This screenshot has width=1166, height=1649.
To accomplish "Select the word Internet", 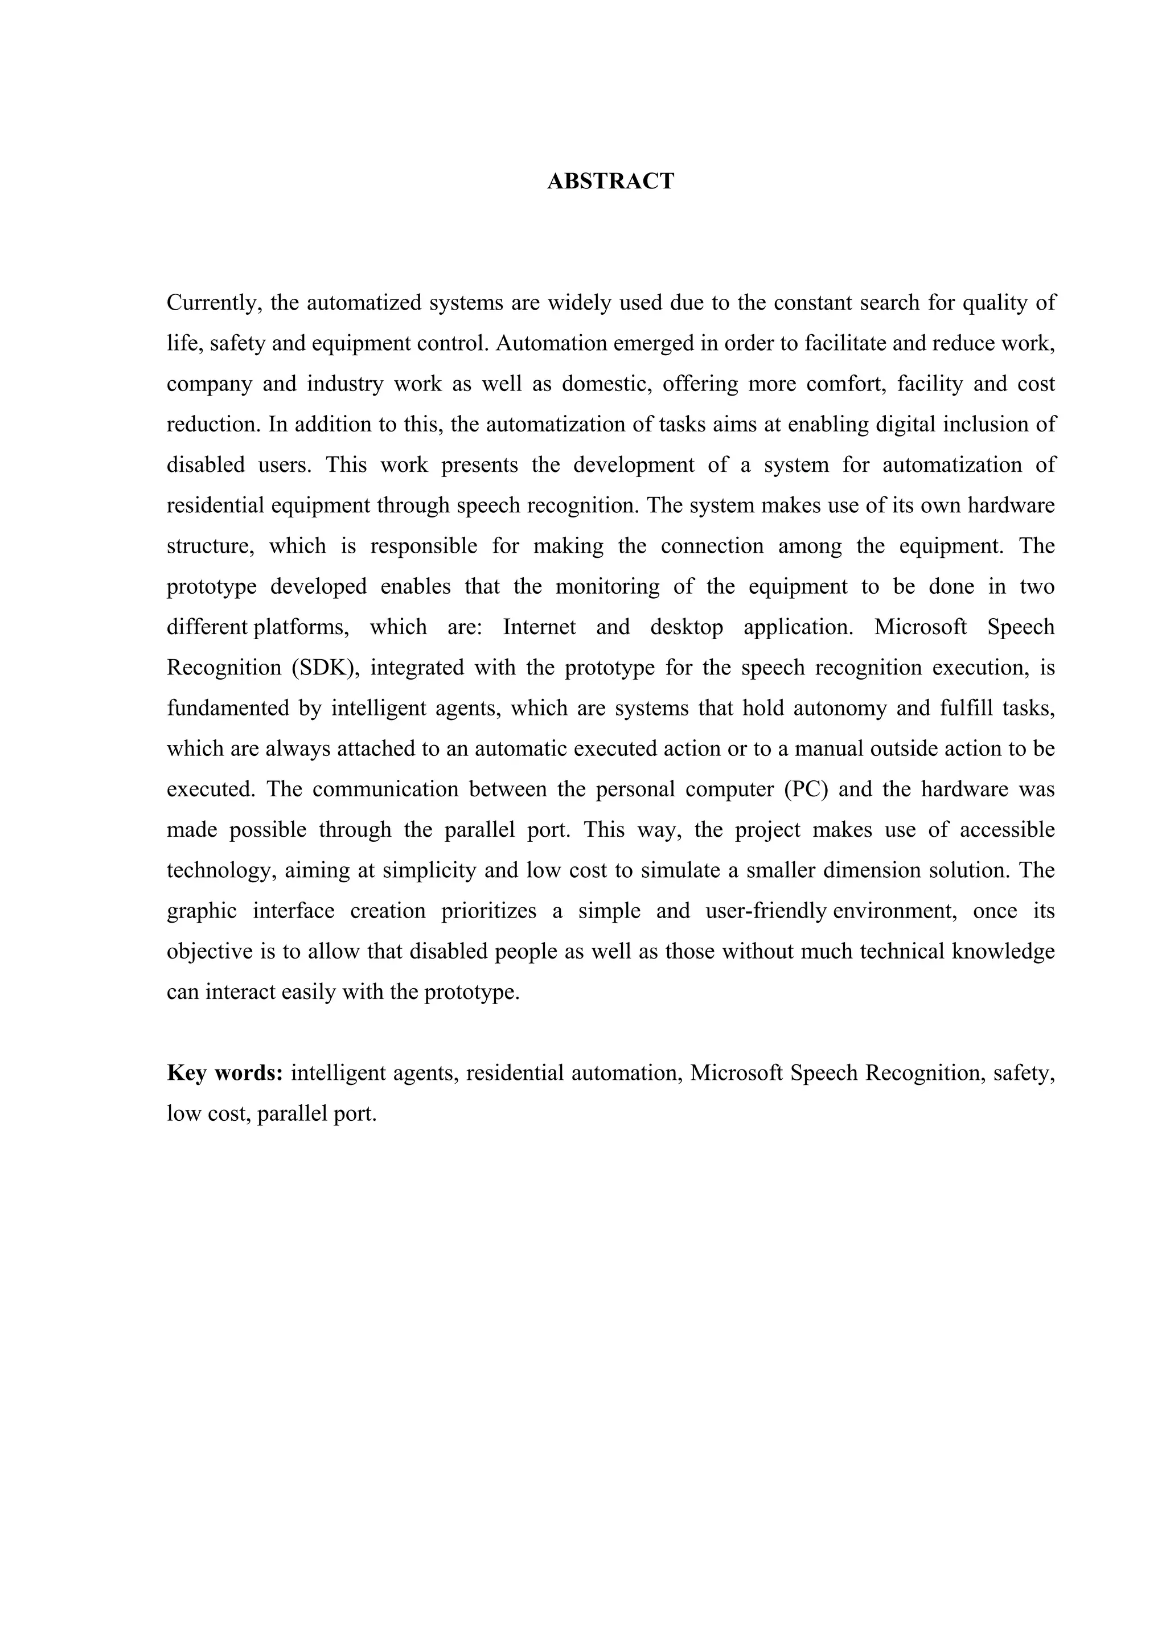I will (x=539, y=627).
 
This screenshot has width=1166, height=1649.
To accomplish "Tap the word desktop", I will (x=686, y=627).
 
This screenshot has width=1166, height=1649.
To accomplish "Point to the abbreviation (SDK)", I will (x=325, y=668).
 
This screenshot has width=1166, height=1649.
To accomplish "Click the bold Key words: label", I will (x=225, y=1073).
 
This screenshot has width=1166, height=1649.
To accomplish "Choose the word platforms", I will (x=300, y=627).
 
